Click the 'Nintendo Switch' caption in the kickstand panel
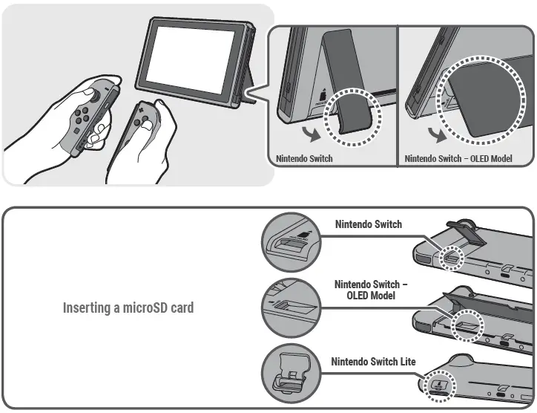(304, 159)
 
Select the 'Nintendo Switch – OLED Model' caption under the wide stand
(458, 159)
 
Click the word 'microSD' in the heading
(142, 307)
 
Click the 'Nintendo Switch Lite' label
(373, 362)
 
